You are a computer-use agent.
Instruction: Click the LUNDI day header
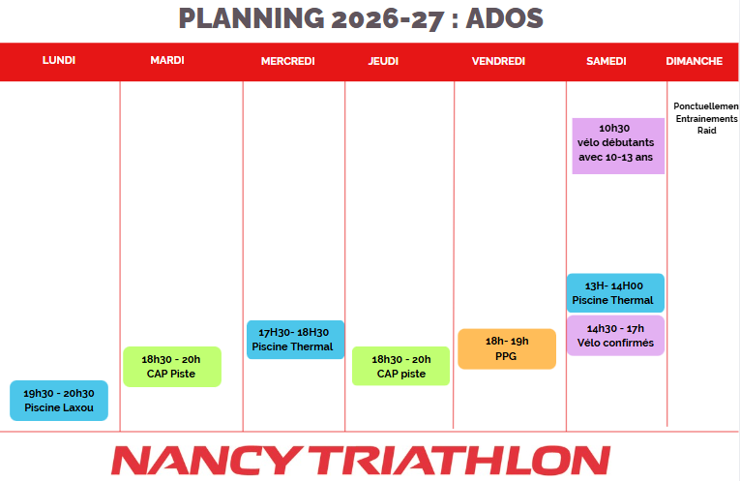tap(59, 60)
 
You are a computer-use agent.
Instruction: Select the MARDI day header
tap(167, 60)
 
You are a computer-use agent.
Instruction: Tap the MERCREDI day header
tap(288, 61)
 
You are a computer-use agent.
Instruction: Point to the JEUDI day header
tap(383, 61)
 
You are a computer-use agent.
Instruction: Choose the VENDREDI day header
tap(498, 61)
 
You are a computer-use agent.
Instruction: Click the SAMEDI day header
tap(607, 61)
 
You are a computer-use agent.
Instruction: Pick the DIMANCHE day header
tap(695, 61)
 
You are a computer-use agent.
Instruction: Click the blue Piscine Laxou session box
tap(59, 401)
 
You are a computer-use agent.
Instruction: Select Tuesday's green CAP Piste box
tap(172, 367)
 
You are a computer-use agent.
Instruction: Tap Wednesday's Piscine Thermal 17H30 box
tap(295, 340)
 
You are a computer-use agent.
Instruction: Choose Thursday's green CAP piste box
tap(401, 366)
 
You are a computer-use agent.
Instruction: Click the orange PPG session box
tap(507, 348)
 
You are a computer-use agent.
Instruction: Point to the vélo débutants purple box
tap(618, 146)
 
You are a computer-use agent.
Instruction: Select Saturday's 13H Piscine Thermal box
tap(615, 293)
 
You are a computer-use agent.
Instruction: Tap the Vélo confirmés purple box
tap(615, 336)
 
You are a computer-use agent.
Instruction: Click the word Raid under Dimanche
tap(707, 131)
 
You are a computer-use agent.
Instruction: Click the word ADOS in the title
tap(505, 19)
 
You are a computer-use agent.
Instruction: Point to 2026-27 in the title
tap(388, 19)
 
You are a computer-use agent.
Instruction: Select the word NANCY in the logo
tap(206, 461)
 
